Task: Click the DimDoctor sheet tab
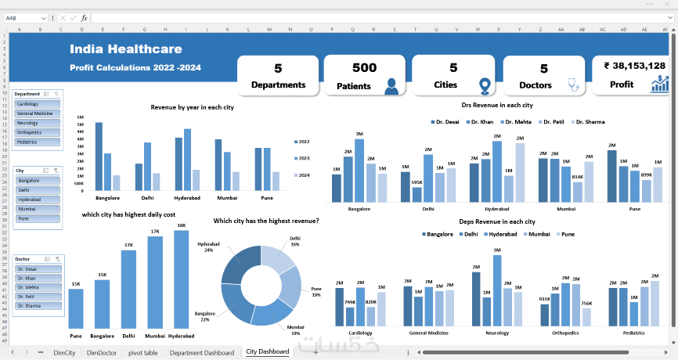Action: click(102, 353)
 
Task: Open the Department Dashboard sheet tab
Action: click(202, 353)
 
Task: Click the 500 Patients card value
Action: click(365, 68)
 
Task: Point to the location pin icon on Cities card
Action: click(485, 86)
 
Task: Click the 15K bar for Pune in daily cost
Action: click(76, 308)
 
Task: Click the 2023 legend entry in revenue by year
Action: click(305, 158)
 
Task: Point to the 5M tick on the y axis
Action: click(80, 122)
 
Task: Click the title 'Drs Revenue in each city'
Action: click(497, 104)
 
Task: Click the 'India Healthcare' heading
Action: click(126, 49)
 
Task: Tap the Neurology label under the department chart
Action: click(497, 333)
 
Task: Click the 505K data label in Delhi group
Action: click(417, 182)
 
